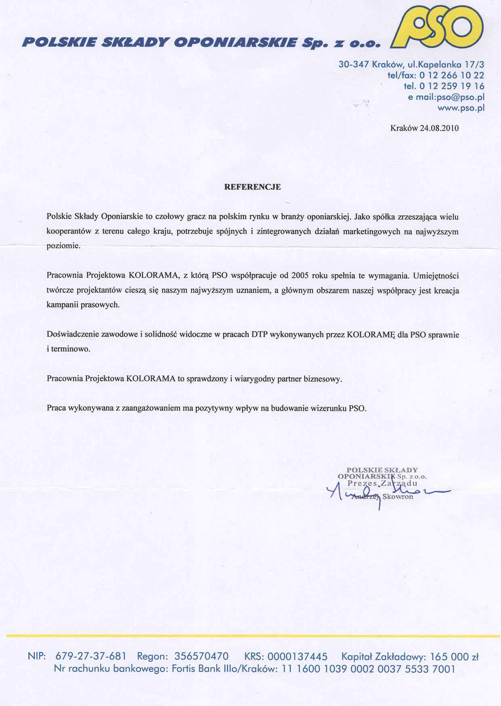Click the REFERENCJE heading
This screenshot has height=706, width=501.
(253, 187)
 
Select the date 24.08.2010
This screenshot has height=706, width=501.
(439, 128)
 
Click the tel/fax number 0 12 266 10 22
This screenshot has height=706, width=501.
(452, 75)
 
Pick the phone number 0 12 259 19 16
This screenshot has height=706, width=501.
(452, 86)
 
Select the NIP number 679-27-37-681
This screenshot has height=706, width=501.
(91, 656)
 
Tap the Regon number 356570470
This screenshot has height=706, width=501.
(201, 656)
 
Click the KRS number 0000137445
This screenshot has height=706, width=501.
(297, 656)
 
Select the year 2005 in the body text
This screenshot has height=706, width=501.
(300, 276)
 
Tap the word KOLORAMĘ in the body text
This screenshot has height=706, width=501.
(370, 335)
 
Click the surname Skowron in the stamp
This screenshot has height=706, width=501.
(398, 497)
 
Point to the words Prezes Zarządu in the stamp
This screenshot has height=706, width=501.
(382, 483)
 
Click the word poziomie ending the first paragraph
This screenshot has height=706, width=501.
(63, 246)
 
